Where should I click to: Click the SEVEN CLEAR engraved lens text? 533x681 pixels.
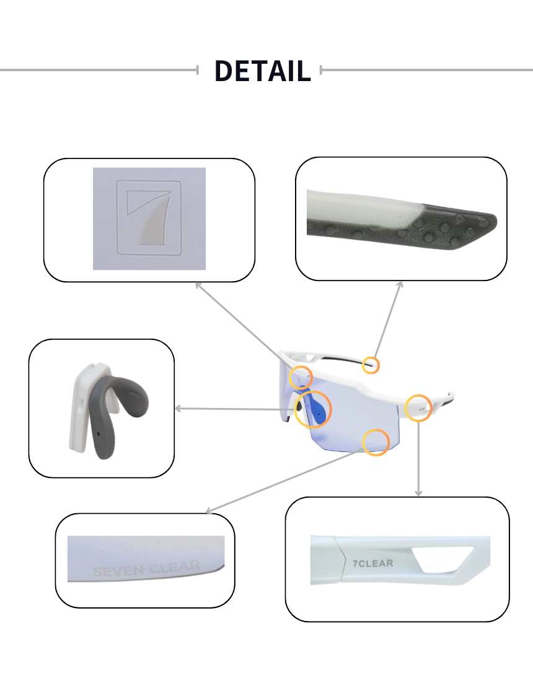146,568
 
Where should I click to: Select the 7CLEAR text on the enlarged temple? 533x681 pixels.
372,563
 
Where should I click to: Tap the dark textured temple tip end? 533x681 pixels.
459,230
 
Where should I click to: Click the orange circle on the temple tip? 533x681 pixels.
371,365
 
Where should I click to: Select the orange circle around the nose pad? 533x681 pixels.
313,409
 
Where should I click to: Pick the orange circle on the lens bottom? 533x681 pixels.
376,443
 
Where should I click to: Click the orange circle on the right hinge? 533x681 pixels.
418,408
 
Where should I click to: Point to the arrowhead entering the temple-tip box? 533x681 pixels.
400,285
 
